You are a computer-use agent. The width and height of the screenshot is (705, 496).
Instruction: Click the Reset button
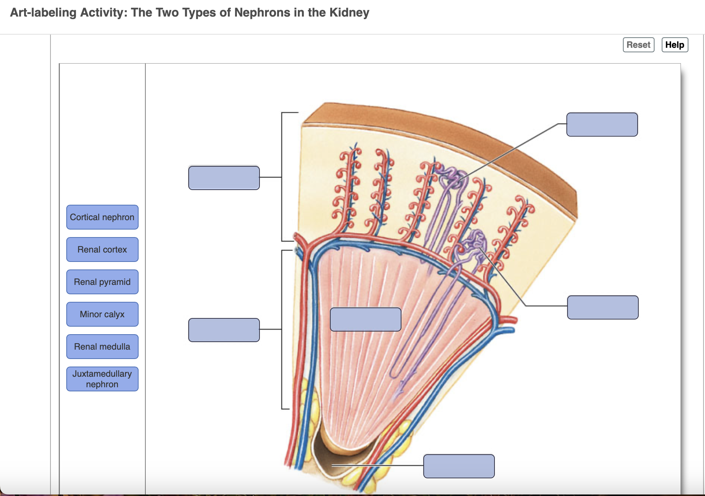(x=638, y=45)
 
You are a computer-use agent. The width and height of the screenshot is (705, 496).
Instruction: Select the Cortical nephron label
(x=102, y=217)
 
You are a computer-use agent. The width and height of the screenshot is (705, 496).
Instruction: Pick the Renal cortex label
(x=102, y=250)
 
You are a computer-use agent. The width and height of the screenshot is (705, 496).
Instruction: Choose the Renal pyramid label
(x=102, y=282)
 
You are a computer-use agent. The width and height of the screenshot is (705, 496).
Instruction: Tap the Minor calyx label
(x=102, y=314)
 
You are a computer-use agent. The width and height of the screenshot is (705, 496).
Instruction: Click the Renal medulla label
(x=102, y=347)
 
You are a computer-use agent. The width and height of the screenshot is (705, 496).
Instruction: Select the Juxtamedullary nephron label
(x=102, y=379)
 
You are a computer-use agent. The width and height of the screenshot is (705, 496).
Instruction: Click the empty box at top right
(x=602, y=125)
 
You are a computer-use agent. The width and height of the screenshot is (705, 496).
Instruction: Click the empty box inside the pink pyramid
(x=365, y=320)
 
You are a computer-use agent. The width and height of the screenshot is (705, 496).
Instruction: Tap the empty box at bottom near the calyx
(x=459, y=466)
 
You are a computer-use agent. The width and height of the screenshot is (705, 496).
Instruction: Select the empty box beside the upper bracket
(x=224, y=178)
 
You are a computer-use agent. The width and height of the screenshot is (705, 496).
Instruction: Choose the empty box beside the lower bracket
(x=224, y=330)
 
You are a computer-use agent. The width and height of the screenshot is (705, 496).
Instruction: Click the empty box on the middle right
(x=603, y=307)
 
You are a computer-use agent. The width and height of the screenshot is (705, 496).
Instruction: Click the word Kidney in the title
(x=349, y=12)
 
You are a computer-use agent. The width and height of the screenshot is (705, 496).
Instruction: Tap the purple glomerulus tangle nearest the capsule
(x=452, y=177)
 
